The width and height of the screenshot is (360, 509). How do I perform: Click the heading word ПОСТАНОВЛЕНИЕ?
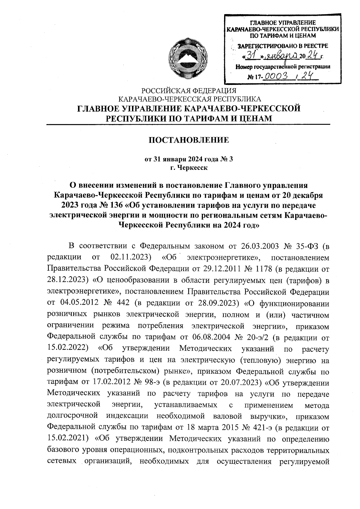189,140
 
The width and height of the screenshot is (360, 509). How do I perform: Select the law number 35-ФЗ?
307,247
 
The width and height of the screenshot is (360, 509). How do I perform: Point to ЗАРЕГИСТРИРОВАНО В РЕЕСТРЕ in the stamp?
283,46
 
